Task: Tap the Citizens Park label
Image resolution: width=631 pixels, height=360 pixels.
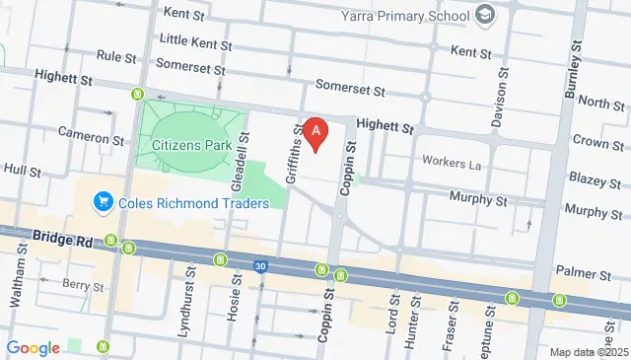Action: [x=191, y=145]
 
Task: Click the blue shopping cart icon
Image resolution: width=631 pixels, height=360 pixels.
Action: [x=102, y=203]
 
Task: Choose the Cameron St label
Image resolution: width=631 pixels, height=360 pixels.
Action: [x=91, y=133]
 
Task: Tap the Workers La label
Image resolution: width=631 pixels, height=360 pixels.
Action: [x=451, y=162]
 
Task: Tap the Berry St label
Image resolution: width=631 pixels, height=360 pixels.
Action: [x=83, y=286]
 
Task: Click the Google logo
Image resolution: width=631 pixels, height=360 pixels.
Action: [x=33, y=347]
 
